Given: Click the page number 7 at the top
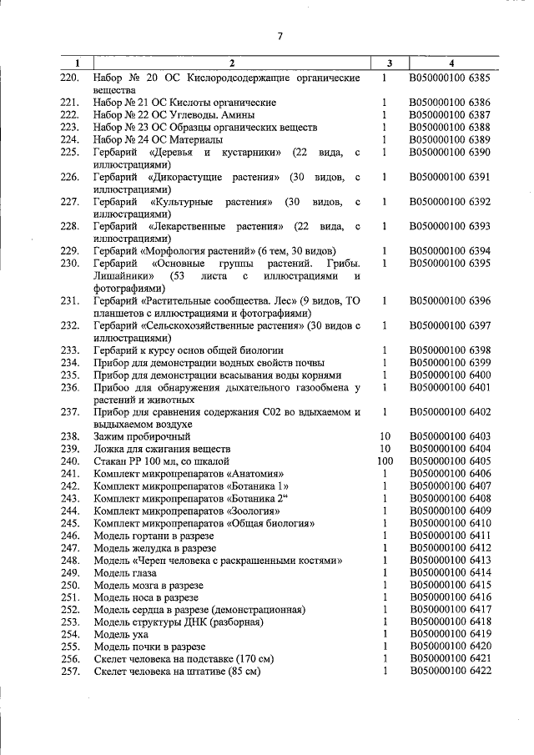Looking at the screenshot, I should coord(280,35).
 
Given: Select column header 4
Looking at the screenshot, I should coord(451,63).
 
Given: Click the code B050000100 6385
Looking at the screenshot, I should coord(450,78).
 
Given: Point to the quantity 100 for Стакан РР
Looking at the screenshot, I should coord(385,461).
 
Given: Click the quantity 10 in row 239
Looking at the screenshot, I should coord(385,448).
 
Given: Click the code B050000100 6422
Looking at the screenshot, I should coord(450,672).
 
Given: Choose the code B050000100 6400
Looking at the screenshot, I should coord(450,375).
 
